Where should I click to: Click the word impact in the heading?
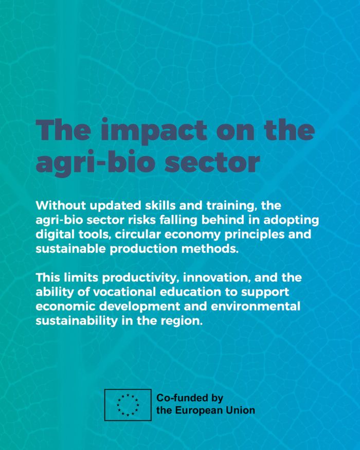click(154, 131)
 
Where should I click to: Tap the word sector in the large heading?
click(212, 163)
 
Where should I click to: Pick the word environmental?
click(256, 306)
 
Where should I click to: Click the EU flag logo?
click(128, 405)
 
